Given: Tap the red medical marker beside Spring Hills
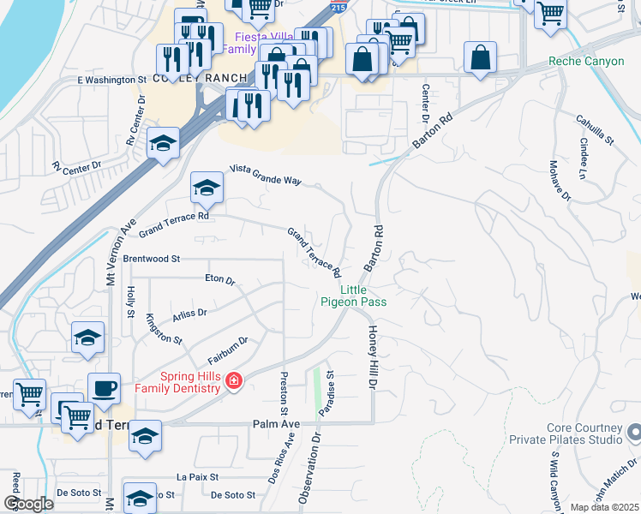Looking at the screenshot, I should coord(233,380).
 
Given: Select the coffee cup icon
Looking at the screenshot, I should coord(105,389).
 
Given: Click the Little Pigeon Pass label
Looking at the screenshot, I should coord(354,296).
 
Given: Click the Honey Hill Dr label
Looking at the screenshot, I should coord(373,356).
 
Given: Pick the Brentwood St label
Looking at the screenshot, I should coord(152,258).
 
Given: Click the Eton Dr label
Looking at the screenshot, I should coord(220,279).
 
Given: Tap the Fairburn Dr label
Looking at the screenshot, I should coord(227,346).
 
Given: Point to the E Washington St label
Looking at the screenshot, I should coord(111,80).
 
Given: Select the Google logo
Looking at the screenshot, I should coord(27,504).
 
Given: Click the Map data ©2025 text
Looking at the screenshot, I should coord(605,507).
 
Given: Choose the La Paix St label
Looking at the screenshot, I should coord(193,476).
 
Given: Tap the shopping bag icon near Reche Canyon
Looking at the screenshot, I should coord(481,58).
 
